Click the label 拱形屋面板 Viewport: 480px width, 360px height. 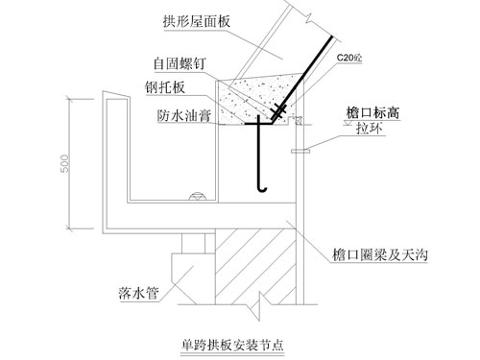pos(197,22)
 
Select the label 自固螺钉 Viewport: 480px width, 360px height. pos(180,63)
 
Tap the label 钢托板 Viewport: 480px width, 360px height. pos(165,87)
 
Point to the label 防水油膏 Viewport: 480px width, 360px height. pos(184,115)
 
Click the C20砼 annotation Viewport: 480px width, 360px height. pos(349,58)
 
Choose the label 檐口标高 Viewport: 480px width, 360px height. pos(372,113)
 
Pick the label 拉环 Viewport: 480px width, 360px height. pos(370,129)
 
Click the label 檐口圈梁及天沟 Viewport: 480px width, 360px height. pos(380,255)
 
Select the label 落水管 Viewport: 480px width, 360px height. pos(138,293)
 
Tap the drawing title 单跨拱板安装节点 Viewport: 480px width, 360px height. pos(232,345)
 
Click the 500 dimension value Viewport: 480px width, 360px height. pos(64,164)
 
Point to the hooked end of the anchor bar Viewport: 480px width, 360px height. pos(262,189)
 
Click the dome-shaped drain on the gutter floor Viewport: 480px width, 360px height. pos(198,197)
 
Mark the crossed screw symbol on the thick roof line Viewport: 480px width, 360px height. pos(278,111)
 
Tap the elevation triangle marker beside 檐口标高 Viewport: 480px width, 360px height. pos(348,122)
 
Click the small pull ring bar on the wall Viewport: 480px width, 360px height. pos(300,151)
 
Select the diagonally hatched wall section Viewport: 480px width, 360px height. pos(255,266)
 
